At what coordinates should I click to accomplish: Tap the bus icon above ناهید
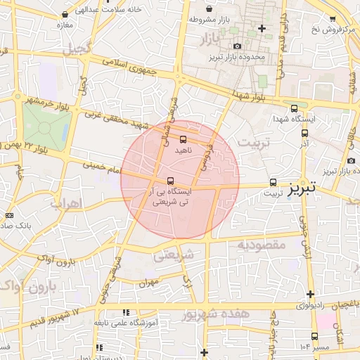coord(184,139)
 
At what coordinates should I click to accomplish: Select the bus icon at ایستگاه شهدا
coord(294,108)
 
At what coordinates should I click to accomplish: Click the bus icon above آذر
coord(304,132)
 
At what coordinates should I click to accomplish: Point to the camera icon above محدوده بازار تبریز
coord(237,46)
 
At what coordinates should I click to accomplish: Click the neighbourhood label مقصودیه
coord(259,244)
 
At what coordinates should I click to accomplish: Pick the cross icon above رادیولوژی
coord(310,293)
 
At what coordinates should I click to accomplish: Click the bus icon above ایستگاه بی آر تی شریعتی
coord(171,180)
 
